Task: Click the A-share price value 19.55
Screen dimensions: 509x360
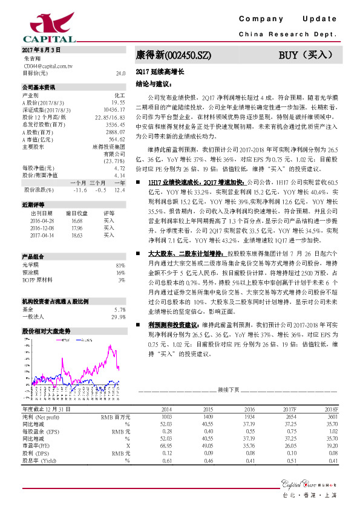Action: click(117, 103)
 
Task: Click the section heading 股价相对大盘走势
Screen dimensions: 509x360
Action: click(46, 331)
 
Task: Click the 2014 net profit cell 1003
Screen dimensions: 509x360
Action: click(166, 417)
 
